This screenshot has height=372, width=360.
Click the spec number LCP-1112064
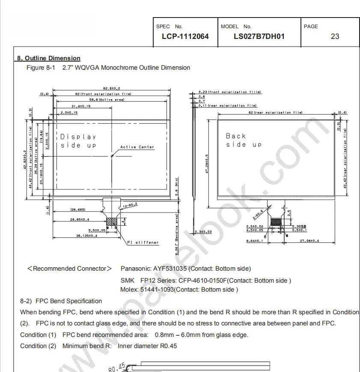(185, 36)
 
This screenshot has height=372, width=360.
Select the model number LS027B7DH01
(259, 36)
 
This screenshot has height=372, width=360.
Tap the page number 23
(335, 36)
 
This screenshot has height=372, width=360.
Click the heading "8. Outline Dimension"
(48, 58)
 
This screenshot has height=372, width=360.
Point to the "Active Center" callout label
(137, 147)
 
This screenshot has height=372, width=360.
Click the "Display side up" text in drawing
(78, 141)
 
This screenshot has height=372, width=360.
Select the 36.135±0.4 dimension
(86, 236)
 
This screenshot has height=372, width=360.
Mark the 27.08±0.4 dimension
(310, 241)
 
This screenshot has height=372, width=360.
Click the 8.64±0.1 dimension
(254, 241)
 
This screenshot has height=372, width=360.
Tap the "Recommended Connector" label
(69, 269)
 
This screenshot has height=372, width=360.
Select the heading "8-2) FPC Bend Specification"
(61, 301)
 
